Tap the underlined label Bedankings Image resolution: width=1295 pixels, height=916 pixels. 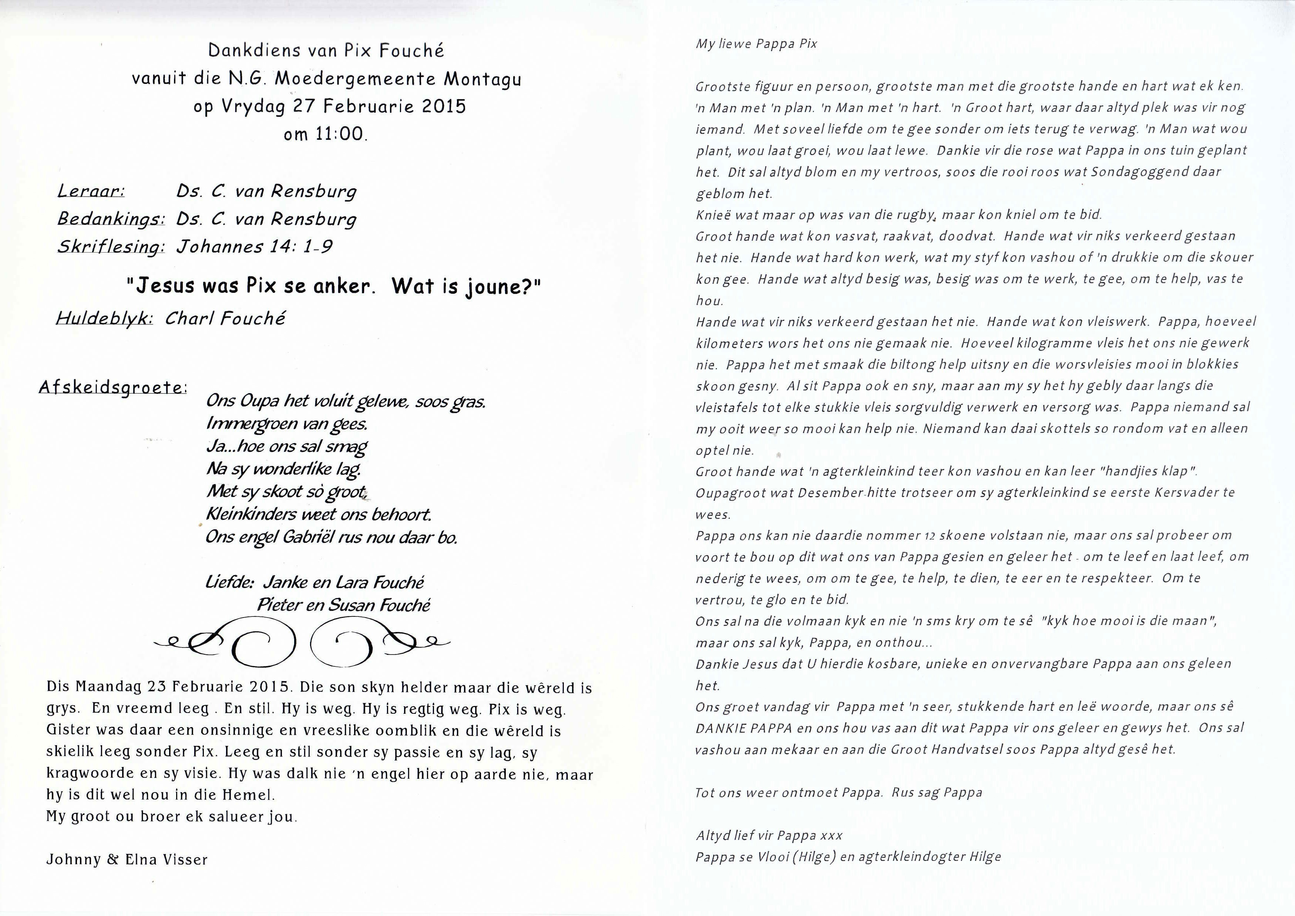point(111,219)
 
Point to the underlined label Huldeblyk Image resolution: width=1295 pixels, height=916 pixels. point(104,319)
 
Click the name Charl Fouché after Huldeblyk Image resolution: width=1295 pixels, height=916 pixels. point(225,319)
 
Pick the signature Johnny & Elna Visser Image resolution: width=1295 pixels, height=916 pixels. point(127,859)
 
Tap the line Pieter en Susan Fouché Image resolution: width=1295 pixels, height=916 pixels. point(344,605)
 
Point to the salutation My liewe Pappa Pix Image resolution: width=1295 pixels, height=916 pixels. point(756,44)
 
